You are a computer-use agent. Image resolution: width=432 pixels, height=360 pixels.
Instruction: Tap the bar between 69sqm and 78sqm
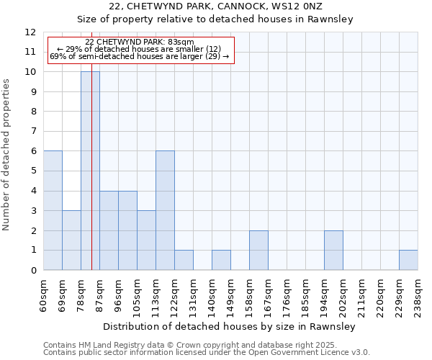pos(71,240)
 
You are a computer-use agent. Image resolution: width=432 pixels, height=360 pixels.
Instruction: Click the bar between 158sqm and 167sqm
pos(258,250)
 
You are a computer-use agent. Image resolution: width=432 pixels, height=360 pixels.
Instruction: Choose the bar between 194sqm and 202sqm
pos(333,250)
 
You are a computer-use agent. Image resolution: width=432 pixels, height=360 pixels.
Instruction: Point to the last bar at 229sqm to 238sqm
pos(408,260)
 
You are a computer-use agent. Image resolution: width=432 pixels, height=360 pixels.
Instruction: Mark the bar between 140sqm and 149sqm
pos(221,260)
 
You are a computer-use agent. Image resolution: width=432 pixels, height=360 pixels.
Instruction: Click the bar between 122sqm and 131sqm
pos(184,260)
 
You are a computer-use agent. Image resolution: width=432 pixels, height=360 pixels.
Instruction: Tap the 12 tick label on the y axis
pos(30,32)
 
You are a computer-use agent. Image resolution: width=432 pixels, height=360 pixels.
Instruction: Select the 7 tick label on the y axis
pos(32,132)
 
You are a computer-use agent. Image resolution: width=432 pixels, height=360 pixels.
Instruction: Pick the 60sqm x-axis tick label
pos(44,294)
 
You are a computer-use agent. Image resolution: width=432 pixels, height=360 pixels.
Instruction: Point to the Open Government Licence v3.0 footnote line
pos(207,353)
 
